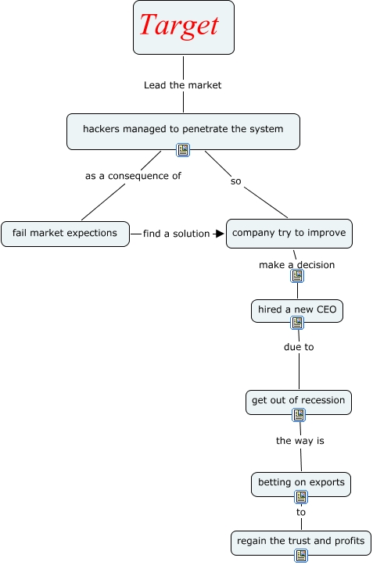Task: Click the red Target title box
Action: tap(184, 27)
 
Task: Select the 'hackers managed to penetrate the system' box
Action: tap(183, 131)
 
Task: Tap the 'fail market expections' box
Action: tap(65, 234)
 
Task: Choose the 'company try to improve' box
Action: tap(289, 234)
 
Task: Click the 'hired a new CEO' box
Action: tap(297, 310)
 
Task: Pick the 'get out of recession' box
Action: tap(299, 402)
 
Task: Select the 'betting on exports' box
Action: tap(301, 485)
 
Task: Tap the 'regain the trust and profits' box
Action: tap(301, 542)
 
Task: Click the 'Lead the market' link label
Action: tap(182, 85)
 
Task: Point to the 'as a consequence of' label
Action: tap(133, 176)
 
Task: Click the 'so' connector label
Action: tap(236, 181)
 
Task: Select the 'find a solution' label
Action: tap(177, 234)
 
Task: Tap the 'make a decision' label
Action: tap(297, 265)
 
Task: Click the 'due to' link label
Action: tap(299, 347)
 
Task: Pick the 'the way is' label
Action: tap(300, 441)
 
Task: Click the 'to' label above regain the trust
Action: tap(301, 512)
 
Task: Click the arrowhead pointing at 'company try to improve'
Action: tap(219, 234)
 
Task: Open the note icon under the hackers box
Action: tap(183, 150)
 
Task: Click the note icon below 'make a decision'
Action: tap(297, 276)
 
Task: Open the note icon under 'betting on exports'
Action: tap(301, 497)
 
